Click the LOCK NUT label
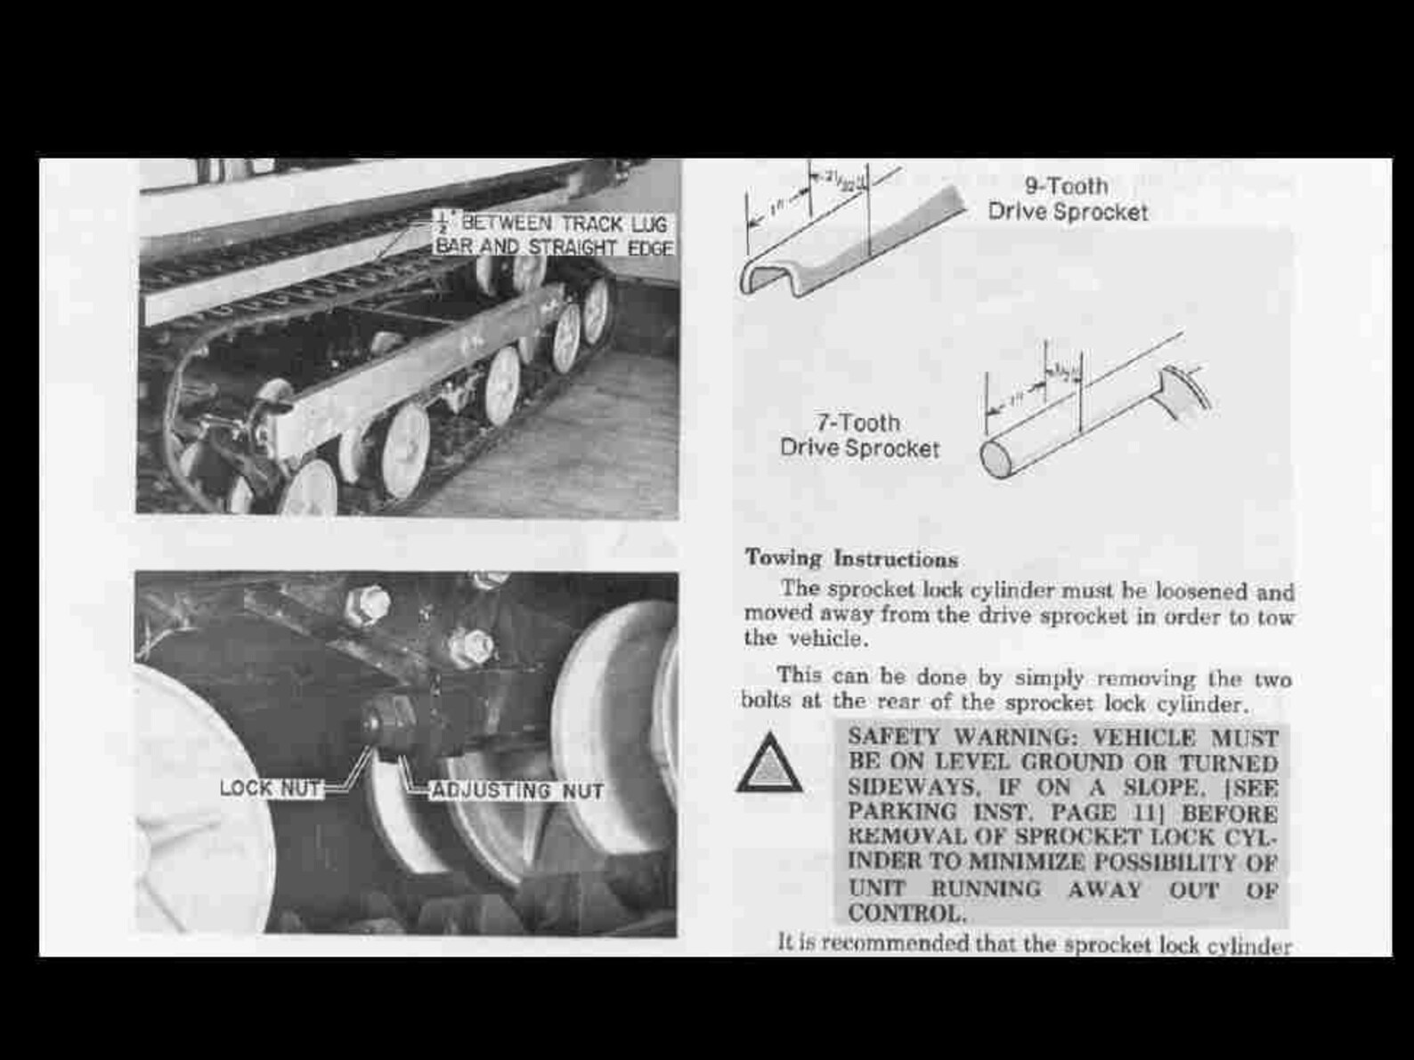[x=271, y=789]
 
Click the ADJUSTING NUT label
[x=517, y=791]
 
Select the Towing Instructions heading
[x=851, y=559]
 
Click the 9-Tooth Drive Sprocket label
[x=1067, y=199]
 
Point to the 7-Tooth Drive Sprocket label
[x=859, y=435]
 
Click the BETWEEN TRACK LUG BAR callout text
[x=554, y=234]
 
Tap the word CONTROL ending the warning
[x=906, y=913]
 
